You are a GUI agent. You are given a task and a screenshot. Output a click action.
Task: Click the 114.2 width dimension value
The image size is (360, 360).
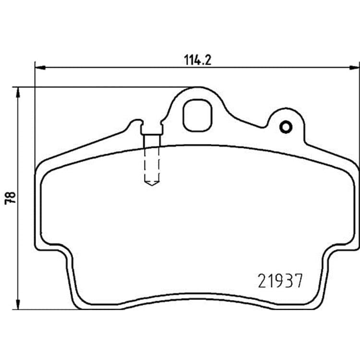(x=198, y=60)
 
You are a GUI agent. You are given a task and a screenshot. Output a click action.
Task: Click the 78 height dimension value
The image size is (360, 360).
(x=11, y=198)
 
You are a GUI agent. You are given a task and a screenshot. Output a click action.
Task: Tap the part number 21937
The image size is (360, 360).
(x=280, y=281)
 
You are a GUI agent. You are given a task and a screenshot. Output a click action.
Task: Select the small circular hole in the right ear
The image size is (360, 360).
(x=286, y=127)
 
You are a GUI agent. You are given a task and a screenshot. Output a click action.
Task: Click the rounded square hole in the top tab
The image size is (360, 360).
(x=197, y=116)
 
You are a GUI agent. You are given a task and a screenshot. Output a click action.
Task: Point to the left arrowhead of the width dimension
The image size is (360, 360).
(x=40, y=68)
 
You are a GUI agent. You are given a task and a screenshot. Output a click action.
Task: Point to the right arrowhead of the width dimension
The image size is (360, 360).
(x=354, y=68)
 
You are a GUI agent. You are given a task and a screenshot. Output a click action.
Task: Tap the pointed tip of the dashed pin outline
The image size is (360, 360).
(x=152, y=185)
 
